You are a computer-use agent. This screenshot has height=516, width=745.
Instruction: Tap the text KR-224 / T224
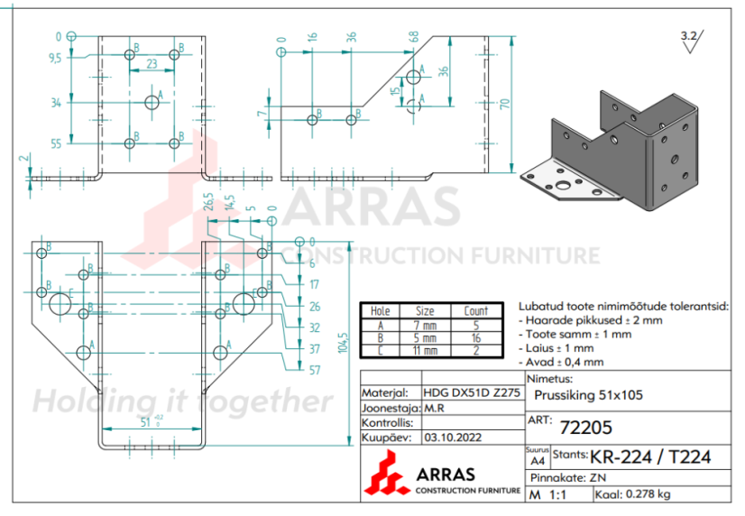click(650, 456)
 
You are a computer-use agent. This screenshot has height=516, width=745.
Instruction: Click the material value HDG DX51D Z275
click(470, 393)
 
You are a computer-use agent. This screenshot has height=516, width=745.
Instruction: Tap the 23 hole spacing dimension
click(152, 64)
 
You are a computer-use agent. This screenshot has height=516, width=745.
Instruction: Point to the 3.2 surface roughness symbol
click(690, 36)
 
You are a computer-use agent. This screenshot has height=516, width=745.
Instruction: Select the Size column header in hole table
click(425, 311)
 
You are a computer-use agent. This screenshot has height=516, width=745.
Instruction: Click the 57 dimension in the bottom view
click(314, 370)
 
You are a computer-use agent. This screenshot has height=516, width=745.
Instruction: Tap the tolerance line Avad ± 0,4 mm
click(565, 361)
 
